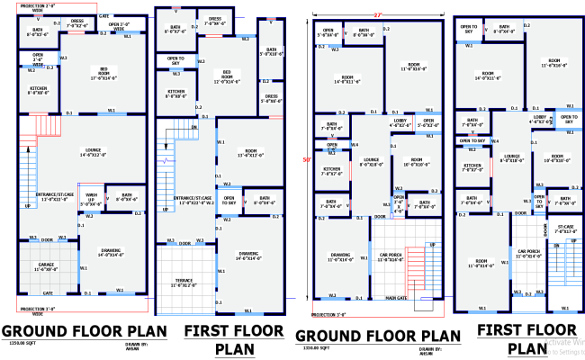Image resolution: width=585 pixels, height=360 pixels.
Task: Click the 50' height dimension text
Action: pyautogui.click(x=306, y=160)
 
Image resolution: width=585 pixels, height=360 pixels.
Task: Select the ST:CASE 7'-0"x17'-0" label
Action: pyautogui.click(x=565, y=229)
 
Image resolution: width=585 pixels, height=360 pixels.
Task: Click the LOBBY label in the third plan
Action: pyautogui.click(x=396, y=121)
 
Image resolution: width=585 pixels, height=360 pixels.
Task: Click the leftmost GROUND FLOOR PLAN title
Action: pyautogui.click(x=83, y=329)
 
